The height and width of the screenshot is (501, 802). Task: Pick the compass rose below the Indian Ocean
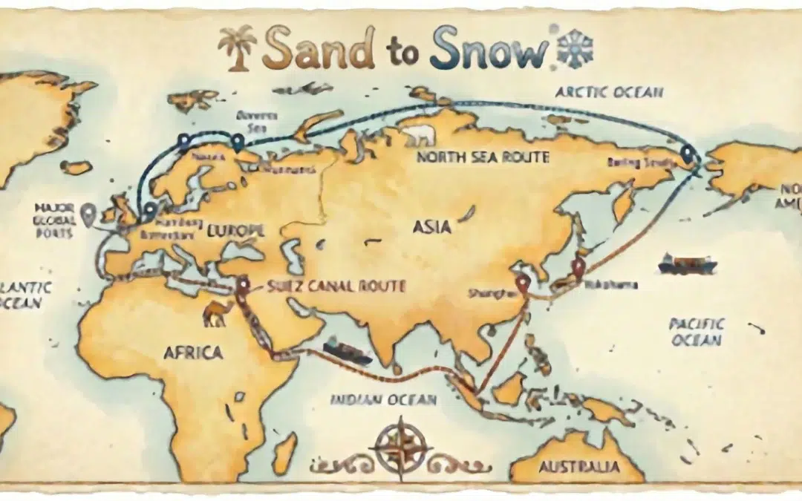(x=402, y=448)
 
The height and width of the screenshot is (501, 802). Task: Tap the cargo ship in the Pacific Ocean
(x=687, y=263)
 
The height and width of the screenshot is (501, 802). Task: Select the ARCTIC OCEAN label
(x=609, y=92)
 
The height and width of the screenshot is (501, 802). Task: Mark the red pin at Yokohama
(x=576, y=268)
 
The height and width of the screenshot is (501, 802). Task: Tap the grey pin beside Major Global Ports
(x=89, y=214)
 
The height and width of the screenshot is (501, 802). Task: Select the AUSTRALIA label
(x=570, y=468)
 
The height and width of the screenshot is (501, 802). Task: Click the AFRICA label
(x=192, y=353)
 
